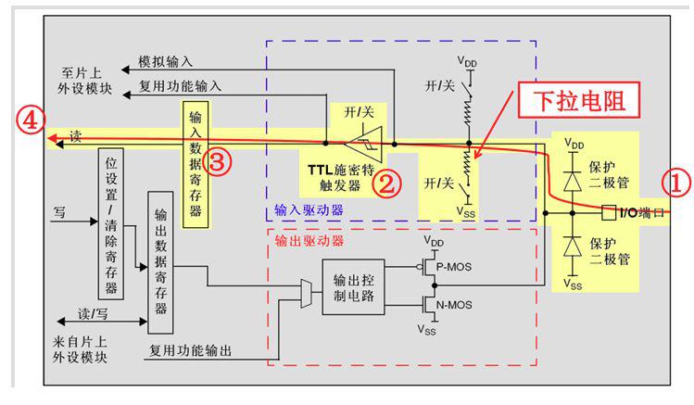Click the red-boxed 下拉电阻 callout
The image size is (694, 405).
579,100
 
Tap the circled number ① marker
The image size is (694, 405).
675,183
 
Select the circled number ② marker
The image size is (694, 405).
386,184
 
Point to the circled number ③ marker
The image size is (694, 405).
217,161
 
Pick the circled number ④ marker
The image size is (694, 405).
30,120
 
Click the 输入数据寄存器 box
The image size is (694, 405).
196,165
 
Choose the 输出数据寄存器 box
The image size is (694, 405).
160,262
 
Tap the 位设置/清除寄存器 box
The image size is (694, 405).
110,224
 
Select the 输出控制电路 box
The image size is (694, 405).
353,287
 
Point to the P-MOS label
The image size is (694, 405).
454,267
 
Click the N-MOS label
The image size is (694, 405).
454,305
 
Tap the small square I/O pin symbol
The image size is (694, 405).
609,213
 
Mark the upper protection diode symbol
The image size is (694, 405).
573,181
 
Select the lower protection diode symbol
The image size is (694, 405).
573,247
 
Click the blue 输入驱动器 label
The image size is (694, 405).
309,209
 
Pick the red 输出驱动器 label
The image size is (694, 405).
309,241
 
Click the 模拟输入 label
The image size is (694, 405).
166,61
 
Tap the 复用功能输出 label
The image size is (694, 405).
190,350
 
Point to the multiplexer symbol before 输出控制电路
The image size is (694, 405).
306,294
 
